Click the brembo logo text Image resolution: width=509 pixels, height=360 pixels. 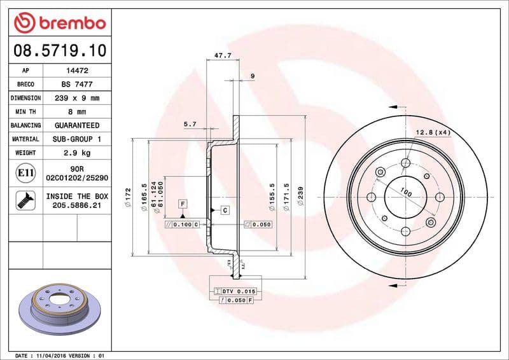[x=69, y=23]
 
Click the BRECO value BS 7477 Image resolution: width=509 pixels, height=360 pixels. [x=77, y=85]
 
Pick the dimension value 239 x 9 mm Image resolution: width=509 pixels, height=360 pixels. [x=77, y=98]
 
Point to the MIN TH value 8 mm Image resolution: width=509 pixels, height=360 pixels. [x=77, y=112]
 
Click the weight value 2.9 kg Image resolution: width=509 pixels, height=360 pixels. [x=77, y=153]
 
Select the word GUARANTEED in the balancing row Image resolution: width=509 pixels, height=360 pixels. [x=77, y=125]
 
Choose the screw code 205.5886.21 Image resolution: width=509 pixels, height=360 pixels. [x=77, y=206]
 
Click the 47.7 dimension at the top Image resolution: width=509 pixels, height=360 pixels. [x=222, y=56]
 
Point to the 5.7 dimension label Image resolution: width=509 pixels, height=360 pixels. [x=190, y=124]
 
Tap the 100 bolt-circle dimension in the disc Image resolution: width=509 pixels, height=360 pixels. [x=405, y=193]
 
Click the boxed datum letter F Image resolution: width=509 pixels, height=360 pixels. [x=183, y=204]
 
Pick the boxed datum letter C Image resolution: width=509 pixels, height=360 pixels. [x=225, y=209]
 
